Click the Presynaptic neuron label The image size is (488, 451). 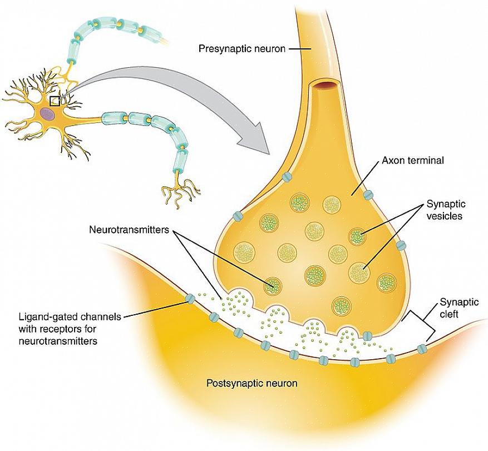(242, 49)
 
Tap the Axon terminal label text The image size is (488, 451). (412, 161)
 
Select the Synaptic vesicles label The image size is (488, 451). (444, 210)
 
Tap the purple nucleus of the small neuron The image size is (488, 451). (47, 114)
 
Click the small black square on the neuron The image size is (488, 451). (55, 101)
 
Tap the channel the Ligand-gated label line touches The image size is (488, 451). (190, 299)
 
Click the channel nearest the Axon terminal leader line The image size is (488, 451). (368, 195)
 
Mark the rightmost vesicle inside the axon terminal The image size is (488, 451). (385, 283)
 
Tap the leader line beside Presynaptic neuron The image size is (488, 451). (299, 49)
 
